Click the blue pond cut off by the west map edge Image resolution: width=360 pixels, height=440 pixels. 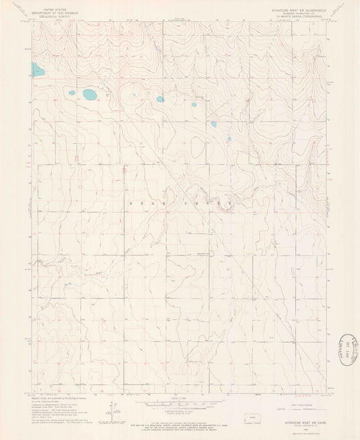click(x=37, y=69)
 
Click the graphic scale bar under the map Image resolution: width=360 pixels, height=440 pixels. click(x=180, y=404)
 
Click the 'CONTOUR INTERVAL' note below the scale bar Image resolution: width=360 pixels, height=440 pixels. click(x=180, y=410)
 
